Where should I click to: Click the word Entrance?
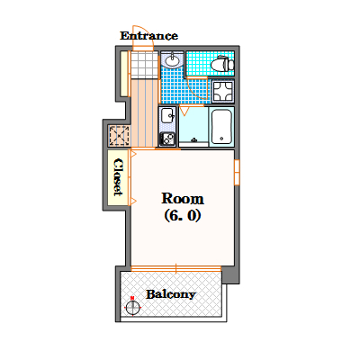pyautogui.click(x=148, y=36)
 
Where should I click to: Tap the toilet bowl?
pyautogui.click(x=222, y=64)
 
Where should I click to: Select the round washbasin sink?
pyautogui.click(x=172, y=61)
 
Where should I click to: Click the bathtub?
pyautogui.click(x=221, y=127)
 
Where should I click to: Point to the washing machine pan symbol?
pyautogui.click(x=223, y=91)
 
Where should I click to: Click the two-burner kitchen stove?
pyautogui.click(x=167, y=139)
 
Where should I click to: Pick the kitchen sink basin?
pyautogui.click(x=167, y=115)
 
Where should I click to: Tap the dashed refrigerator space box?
pyautogui.click(x=120, y=136)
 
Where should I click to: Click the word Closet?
pyautogui.click(x=119, y=177)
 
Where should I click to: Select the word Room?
pyautogui.click(x=183, y=199)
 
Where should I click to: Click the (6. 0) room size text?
pyautogui.click(x=183, y=215)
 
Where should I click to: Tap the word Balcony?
pyautogui.click(x=171, y=294)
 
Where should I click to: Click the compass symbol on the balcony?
pyautogui.click(x=132, y=307)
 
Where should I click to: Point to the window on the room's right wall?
pyautogui.click(x=237, y=172)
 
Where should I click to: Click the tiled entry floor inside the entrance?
pyautogui.click(x=145, y=65)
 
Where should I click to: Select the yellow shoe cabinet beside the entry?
pyautogui.click(x=124, y=74)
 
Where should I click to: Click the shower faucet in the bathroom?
pyautogui.click(x=194, y=139)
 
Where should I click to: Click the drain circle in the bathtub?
pyautogui.click(x=221, y=139)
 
